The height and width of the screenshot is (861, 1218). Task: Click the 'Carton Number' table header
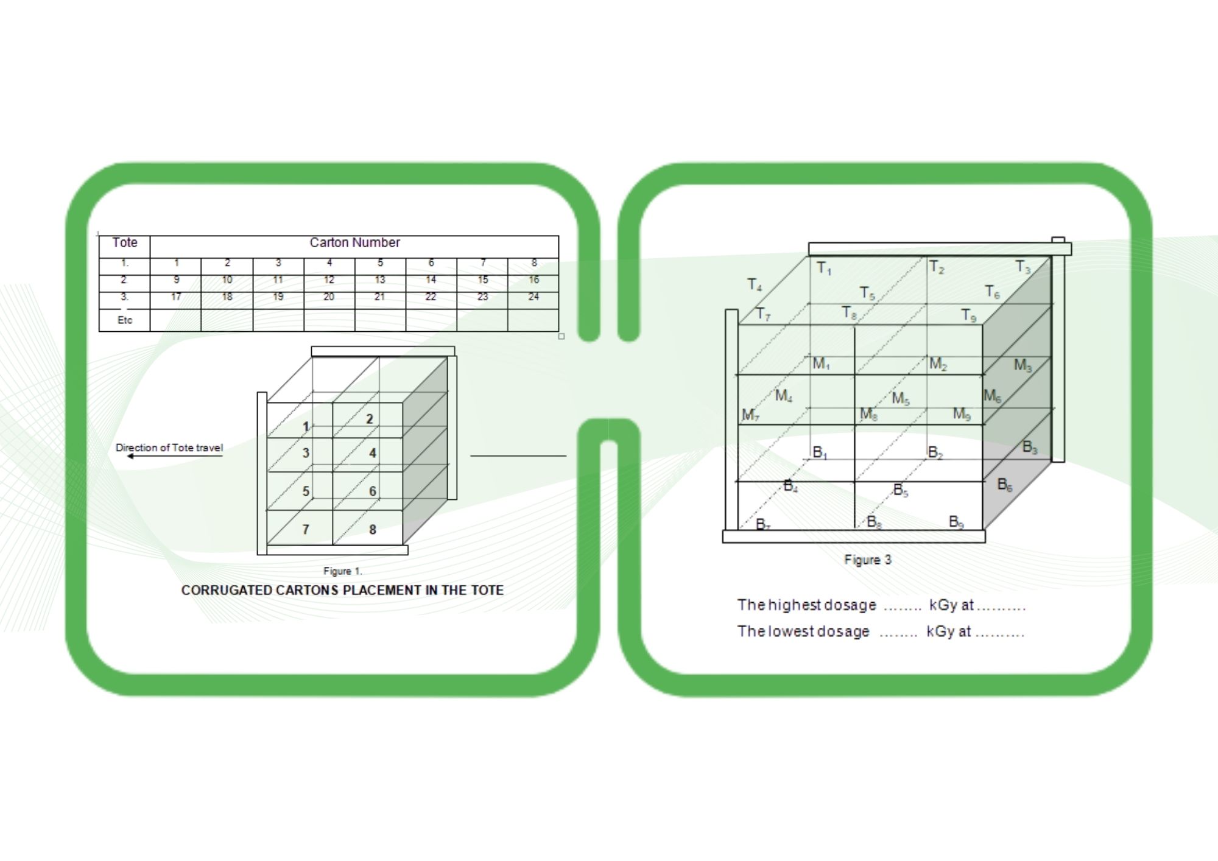point(354,242)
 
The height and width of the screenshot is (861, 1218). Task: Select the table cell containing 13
point(379,280)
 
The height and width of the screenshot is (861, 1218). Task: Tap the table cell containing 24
point(533,297)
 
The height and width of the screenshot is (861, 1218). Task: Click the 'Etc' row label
point(125,320)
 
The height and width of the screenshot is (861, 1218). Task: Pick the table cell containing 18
point(227,297)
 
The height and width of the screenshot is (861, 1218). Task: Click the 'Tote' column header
point(125,242)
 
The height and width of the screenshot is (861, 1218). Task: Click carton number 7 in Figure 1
point(306,529)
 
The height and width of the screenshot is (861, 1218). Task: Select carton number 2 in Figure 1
point(369,419)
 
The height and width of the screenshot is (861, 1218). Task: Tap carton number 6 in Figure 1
point(372,491)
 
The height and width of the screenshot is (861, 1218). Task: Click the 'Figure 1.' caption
point(342,571)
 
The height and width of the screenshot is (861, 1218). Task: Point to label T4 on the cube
point(755,284)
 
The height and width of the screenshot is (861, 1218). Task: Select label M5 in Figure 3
point(900,399)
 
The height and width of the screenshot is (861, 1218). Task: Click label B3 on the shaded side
point(1029,447)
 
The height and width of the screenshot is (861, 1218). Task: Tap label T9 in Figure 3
point(968,315)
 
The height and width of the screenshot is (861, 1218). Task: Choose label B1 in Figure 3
point(820,452)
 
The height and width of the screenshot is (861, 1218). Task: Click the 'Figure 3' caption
point(867,560)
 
